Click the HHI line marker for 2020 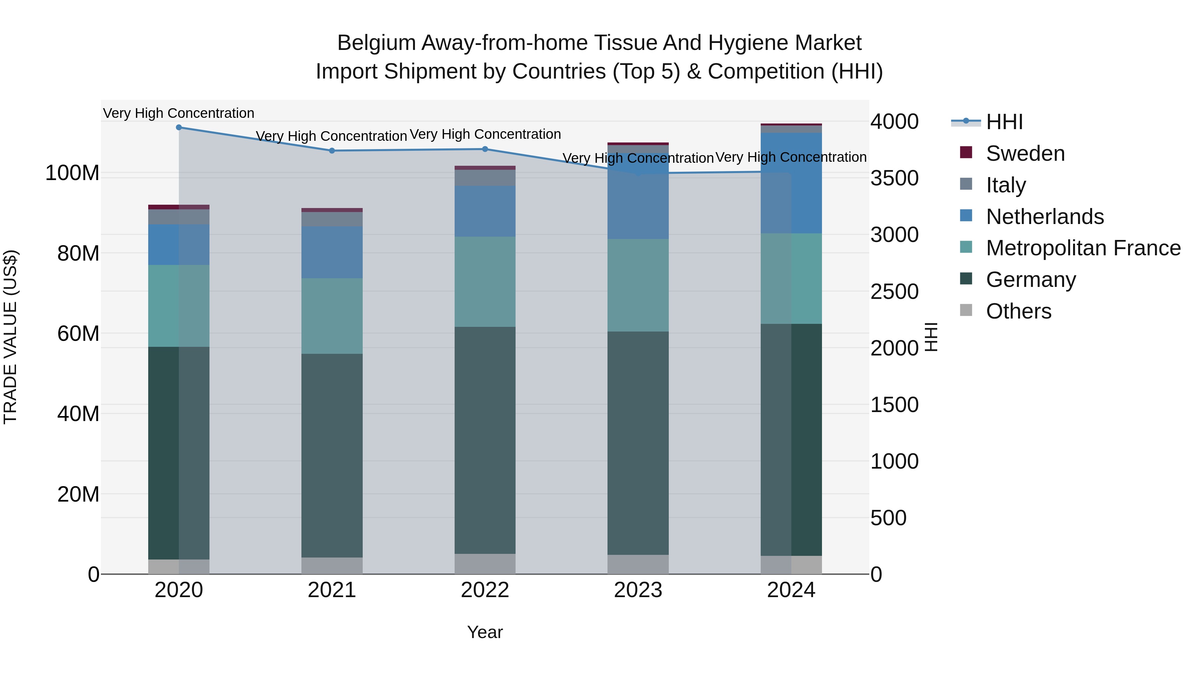point(179,127)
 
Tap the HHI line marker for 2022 point(485,149)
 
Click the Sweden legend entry point(1025,153)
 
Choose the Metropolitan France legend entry point(1083,248)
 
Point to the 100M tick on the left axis point(72,173)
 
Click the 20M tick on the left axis point(78,494)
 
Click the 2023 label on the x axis point(638,590)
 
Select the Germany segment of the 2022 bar point(485,440)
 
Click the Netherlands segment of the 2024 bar point(791,183)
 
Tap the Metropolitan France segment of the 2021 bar point(332,316)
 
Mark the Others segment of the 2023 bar point(638,564)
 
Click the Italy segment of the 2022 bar point(485,178)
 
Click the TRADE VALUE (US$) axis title point(10,337)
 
